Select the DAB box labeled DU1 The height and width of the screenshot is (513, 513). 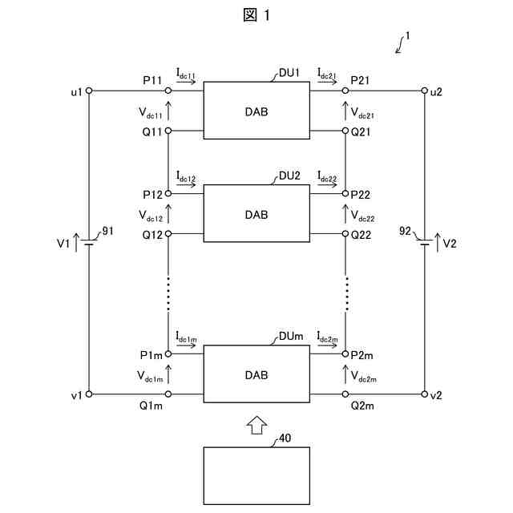pos(256,111)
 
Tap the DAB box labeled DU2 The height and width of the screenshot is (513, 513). pos(256,214)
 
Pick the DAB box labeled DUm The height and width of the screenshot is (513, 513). pos(256,374)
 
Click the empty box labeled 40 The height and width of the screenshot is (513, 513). pos(256,475)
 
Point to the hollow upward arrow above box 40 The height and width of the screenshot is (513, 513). pos(256,425)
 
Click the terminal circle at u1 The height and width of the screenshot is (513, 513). pos(89,91)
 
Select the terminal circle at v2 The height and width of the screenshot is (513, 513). pos(424,394)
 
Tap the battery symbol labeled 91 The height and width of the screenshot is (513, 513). pos(89,243)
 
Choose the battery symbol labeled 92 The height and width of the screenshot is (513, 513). pos(424,243)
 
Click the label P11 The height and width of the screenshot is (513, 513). pos(152,81)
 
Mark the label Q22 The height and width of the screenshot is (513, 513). pos(362,235)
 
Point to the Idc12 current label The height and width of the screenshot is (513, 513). pos(186,176)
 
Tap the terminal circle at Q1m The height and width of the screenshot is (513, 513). pos(168,394)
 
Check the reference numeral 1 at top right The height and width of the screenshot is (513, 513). pos(408,36)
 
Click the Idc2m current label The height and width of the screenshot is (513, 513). pos(327,337)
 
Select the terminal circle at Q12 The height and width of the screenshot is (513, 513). pos(168,234)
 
